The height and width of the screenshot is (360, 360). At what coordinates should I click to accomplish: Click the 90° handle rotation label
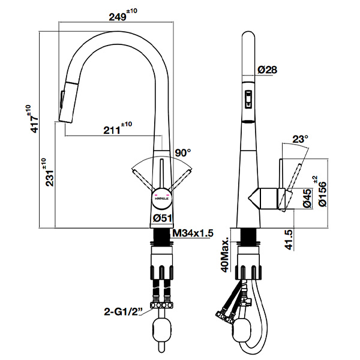tap(182, 152)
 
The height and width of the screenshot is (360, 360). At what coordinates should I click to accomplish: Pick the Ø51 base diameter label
tap(163, 218)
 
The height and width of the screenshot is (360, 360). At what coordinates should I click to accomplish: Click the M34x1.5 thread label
tap(193, 233)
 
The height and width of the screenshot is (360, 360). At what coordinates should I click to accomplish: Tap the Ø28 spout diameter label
tap(267, 70)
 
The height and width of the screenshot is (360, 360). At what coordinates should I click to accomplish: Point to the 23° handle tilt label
tap(299, 139)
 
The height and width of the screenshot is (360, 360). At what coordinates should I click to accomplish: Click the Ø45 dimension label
tap(306, 197)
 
